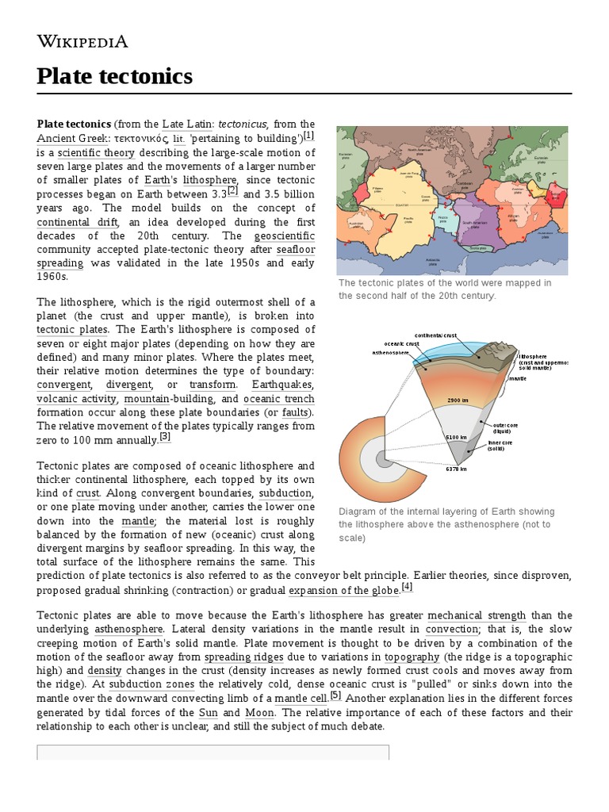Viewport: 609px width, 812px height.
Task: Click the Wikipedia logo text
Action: coord(82,41)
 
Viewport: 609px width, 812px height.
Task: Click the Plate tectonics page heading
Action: coord(115,76)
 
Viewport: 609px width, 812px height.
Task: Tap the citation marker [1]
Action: coord(309,136)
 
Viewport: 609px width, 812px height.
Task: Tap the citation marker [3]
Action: coord(165,436)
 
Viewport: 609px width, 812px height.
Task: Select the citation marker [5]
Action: coord(336,695)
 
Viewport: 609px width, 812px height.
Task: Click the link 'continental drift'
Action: coord(78,223)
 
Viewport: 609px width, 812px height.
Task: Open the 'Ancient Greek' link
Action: coord(72,138)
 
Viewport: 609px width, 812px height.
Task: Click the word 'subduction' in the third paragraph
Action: coord(286,493)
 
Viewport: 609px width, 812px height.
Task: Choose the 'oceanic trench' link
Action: coord(278,399)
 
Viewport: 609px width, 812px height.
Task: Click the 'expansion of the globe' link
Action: coord(343,591)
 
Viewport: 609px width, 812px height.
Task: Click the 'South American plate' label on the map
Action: coord(475,224)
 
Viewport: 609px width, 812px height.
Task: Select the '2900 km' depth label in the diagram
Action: coord(459,400)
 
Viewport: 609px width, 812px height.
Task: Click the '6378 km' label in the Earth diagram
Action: coord(456,469)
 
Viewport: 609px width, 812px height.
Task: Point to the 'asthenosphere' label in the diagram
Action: coord(391,352)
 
